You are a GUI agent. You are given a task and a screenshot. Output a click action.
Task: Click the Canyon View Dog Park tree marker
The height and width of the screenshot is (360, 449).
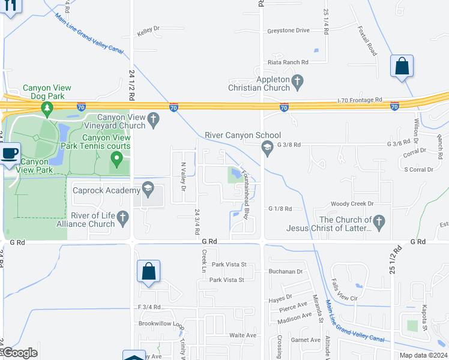tap(47, 108)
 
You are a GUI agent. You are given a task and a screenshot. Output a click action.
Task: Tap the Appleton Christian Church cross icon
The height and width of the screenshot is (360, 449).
tap(297, 80)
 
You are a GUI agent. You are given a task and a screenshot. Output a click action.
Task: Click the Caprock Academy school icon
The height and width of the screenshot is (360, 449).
tap(147, 190)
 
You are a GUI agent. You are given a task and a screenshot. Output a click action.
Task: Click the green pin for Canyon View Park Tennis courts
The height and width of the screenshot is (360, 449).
tap(117, 160)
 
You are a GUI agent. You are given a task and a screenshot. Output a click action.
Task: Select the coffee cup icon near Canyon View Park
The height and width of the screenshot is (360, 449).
tap(10, 154)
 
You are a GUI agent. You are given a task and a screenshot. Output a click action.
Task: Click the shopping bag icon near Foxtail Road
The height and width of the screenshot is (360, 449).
tap(402, 66)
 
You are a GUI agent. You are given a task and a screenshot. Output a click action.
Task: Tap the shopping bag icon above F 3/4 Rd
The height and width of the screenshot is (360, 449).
tap(148, 271)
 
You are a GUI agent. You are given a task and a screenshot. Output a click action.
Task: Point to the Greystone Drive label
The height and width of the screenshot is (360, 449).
tap(288, 31)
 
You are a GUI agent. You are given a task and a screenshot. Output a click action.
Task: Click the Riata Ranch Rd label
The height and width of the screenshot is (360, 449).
tap(288, 62)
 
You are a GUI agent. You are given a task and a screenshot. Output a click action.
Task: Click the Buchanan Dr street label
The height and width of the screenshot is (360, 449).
tap(286, 271)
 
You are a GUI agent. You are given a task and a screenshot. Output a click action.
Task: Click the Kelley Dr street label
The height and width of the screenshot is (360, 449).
tap(149, 28)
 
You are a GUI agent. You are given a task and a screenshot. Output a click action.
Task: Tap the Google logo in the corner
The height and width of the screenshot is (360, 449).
tap(20, 353)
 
